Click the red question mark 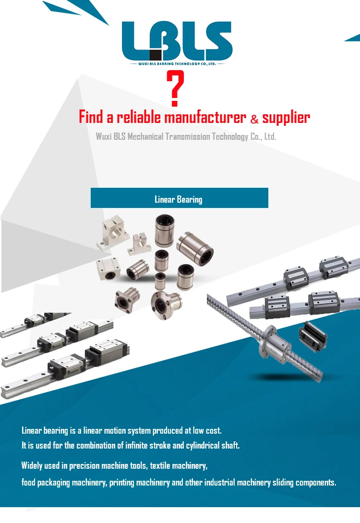point(177,89)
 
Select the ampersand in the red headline point(254,119)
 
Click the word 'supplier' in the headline point(286,118)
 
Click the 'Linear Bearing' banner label point(179,199)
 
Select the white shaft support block point(114,234)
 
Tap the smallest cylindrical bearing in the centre point(161,279)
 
